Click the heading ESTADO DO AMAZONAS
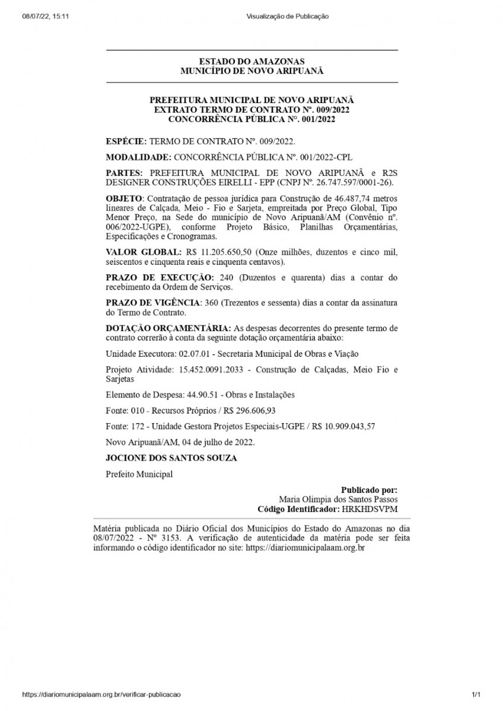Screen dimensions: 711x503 [251, 61]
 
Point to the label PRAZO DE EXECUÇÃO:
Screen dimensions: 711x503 [160, 277]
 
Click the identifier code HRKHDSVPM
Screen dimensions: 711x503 [370, 509]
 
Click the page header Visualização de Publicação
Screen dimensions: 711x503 [287, 17]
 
